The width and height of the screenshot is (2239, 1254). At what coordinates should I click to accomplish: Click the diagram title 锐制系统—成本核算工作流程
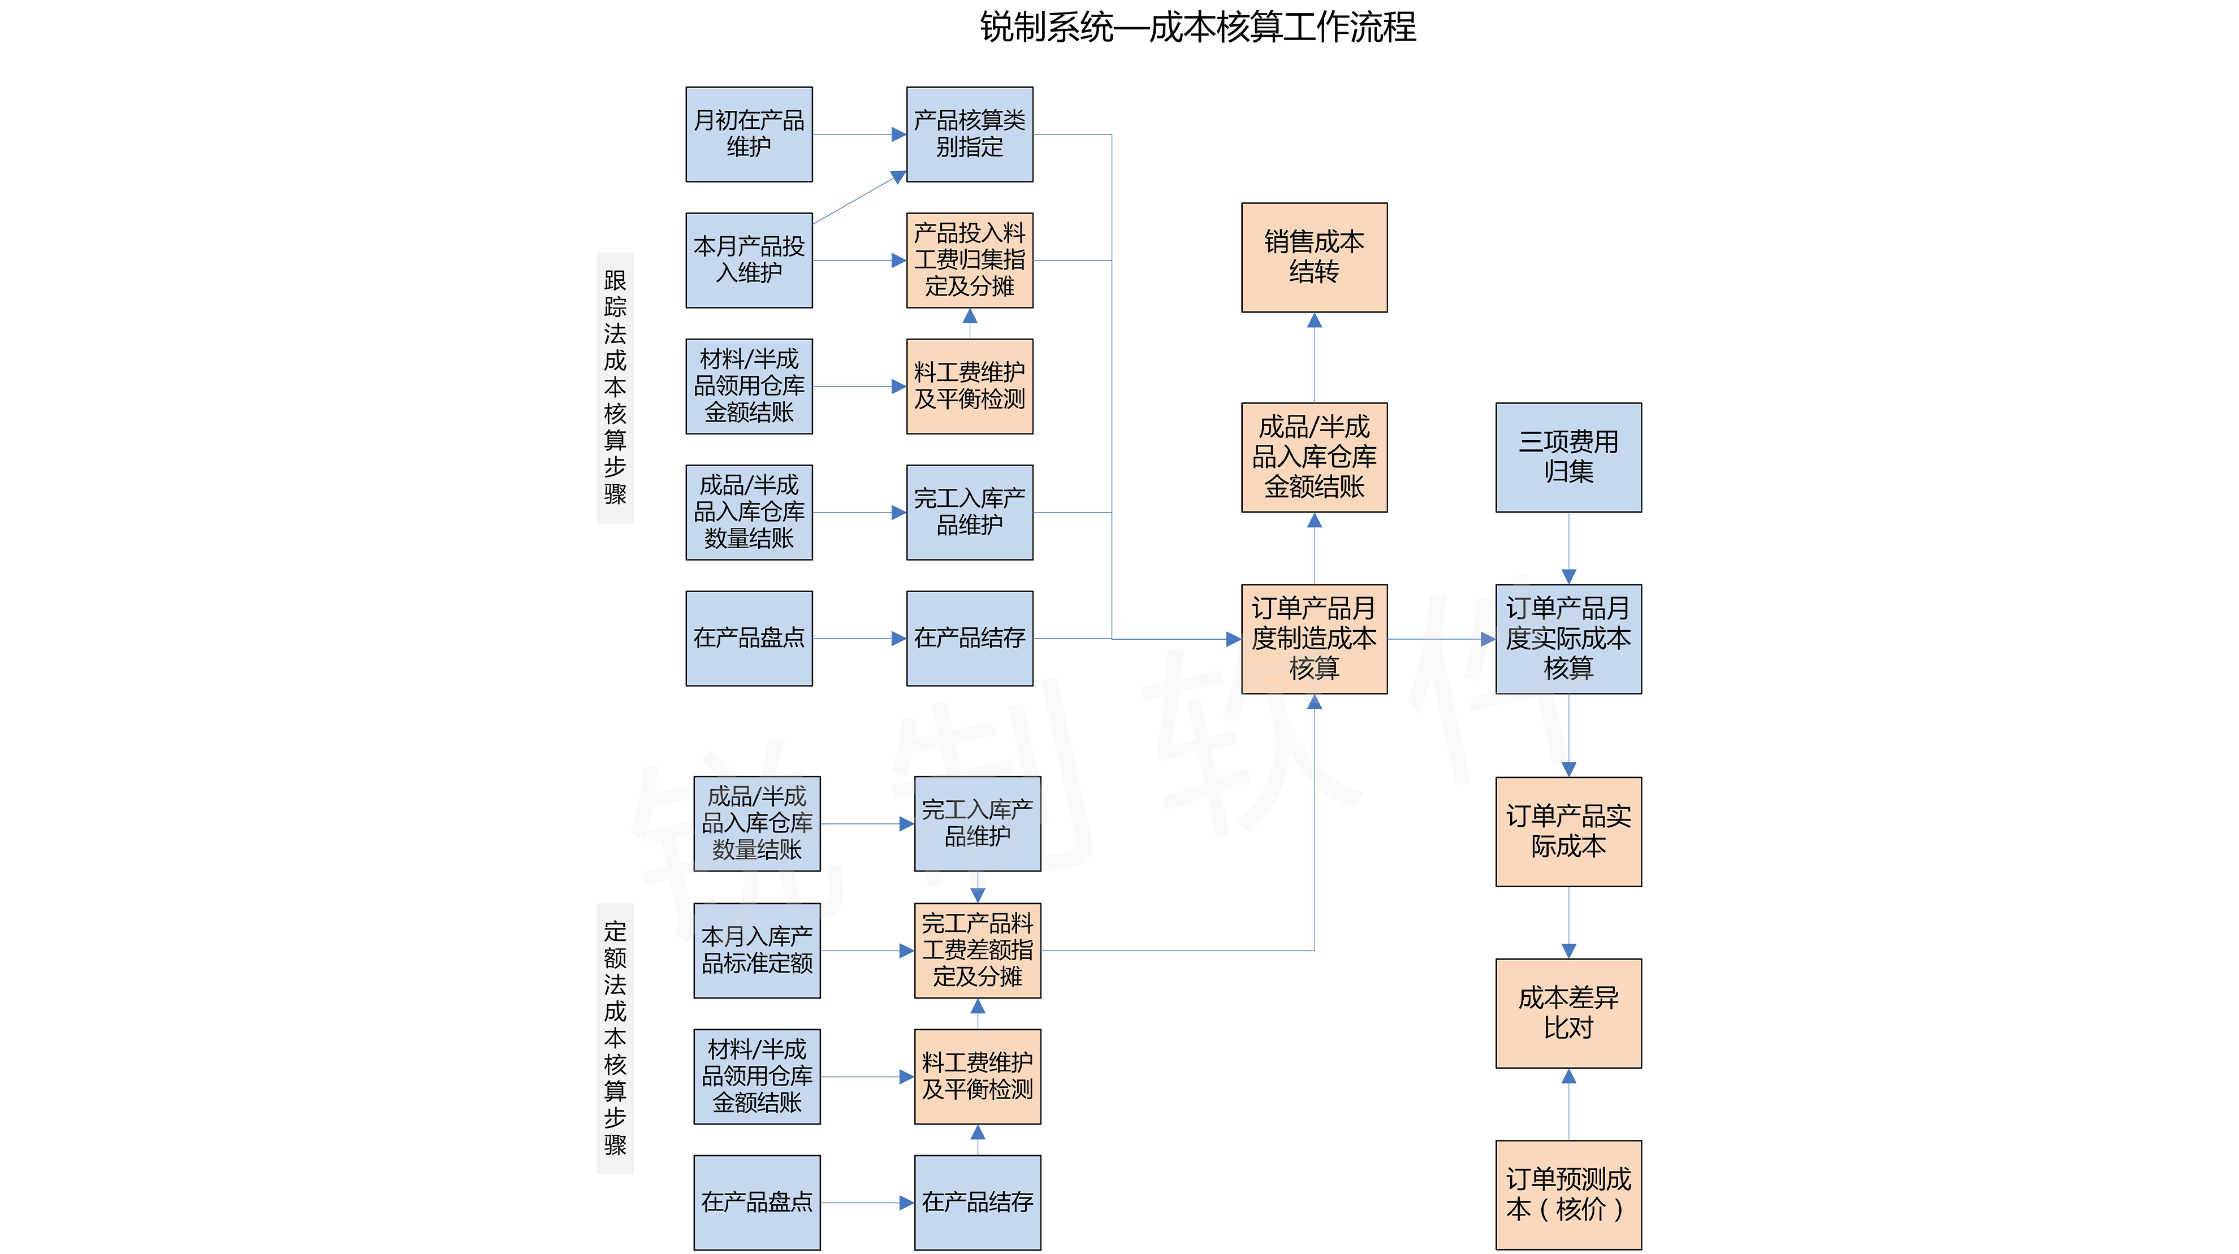click(x=1198, y=28)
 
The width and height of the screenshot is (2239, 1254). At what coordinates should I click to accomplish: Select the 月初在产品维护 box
click(x=749, y=134)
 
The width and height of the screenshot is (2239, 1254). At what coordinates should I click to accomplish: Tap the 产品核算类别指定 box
click(x=969, y=134)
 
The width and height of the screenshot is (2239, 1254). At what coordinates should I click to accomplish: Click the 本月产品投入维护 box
click(x=749, y=260)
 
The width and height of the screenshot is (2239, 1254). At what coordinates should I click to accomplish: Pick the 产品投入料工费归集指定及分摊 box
click(x=969, y=260)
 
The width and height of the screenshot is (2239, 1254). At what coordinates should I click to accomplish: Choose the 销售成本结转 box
click(x=1313, y=257)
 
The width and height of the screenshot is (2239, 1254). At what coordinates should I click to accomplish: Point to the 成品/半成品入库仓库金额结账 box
click(x=1313, y=457)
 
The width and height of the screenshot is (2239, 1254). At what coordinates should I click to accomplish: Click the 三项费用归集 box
click(x=1568, y=457)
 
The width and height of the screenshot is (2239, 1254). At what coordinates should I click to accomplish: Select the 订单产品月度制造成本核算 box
click(x=1313, y=639)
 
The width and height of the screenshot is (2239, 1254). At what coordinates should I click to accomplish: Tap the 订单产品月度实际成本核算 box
click(x=1568, y=639)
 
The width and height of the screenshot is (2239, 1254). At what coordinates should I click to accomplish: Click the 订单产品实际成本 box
click(x=1568, y=832)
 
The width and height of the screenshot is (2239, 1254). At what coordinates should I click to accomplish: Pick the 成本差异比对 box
click(x=1568, y=1013)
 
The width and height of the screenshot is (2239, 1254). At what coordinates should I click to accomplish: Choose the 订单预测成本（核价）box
click(x=1568, y=1195)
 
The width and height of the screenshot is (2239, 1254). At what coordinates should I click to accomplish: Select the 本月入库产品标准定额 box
click(x=756, y=950)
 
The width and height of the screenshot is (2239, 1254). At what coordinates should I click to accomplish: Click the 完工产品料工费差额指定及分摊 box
click(x=977, y=950)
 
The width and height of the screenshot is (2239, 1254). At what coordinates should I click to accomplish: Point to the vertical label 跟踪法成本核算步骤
click(x=615, y=388)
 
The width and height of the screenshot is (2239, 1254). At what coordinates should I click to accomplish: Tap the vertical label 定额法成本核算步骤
click(x=615, y=1039)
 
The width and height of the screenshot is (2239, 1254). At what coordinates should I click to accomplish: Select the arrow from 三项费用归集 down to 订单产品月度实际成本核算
click(x=1568, y=548)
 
